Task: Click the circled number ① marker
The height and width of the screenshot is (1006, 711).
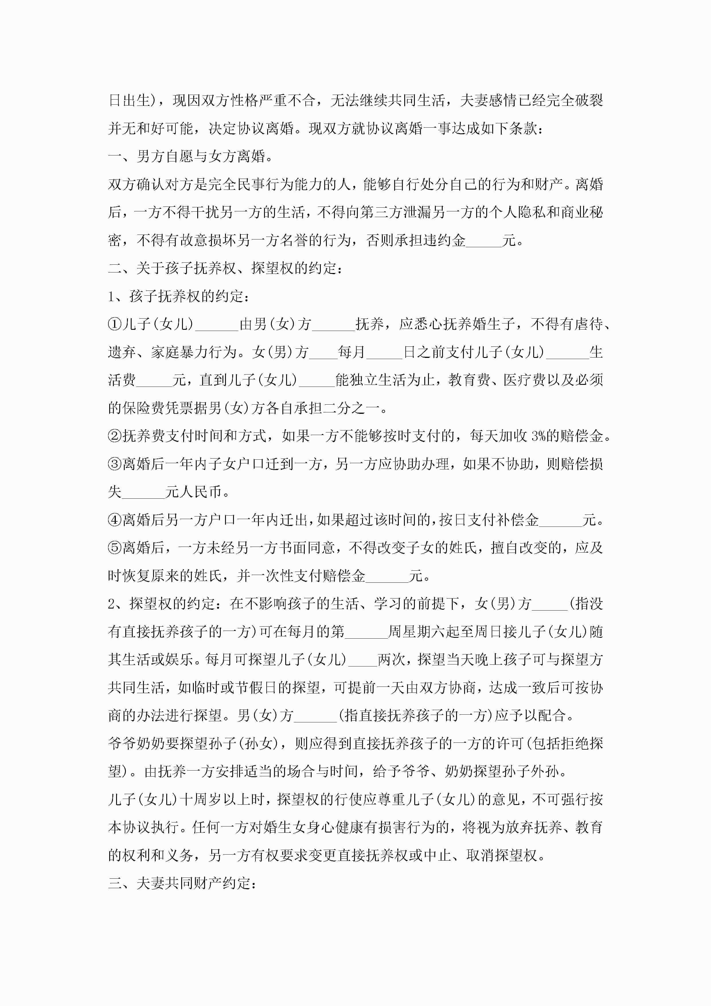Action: coord(115,324)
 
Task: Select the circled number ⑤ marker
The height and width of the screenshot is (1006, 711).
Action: coord(115,548)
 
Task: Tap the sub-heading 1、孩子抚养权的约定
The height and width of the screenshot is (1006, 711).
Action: coord(179,297)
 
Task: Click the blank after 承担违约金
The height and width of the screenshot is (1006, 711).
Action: coord(484,241)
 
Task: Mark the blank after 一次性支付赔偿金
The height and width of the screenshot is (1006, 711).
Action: coord(387,576)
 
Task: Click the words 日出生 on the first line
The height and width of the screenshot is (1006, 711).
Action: coord(129,100)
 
